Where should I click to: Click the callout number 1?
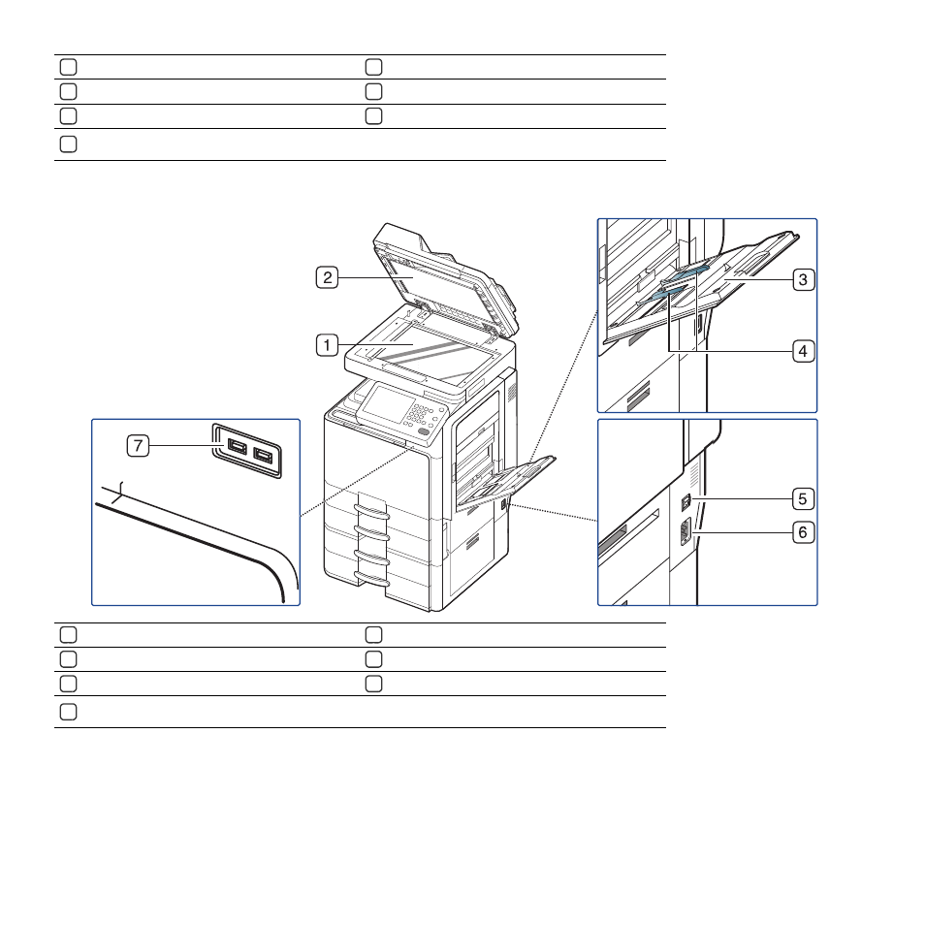(327, 345)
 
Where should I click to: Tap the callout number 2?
(327, 277)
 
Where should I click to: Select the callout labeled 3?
(803, 279)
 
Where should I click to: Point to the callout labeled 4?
(803, 352)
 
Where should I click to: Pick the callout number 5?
(803, 499)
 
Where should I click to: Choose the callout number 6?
(803, 532)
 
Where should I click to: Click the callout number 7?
(138, 445)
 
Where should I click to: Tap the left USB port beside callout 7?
(237, 447)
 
